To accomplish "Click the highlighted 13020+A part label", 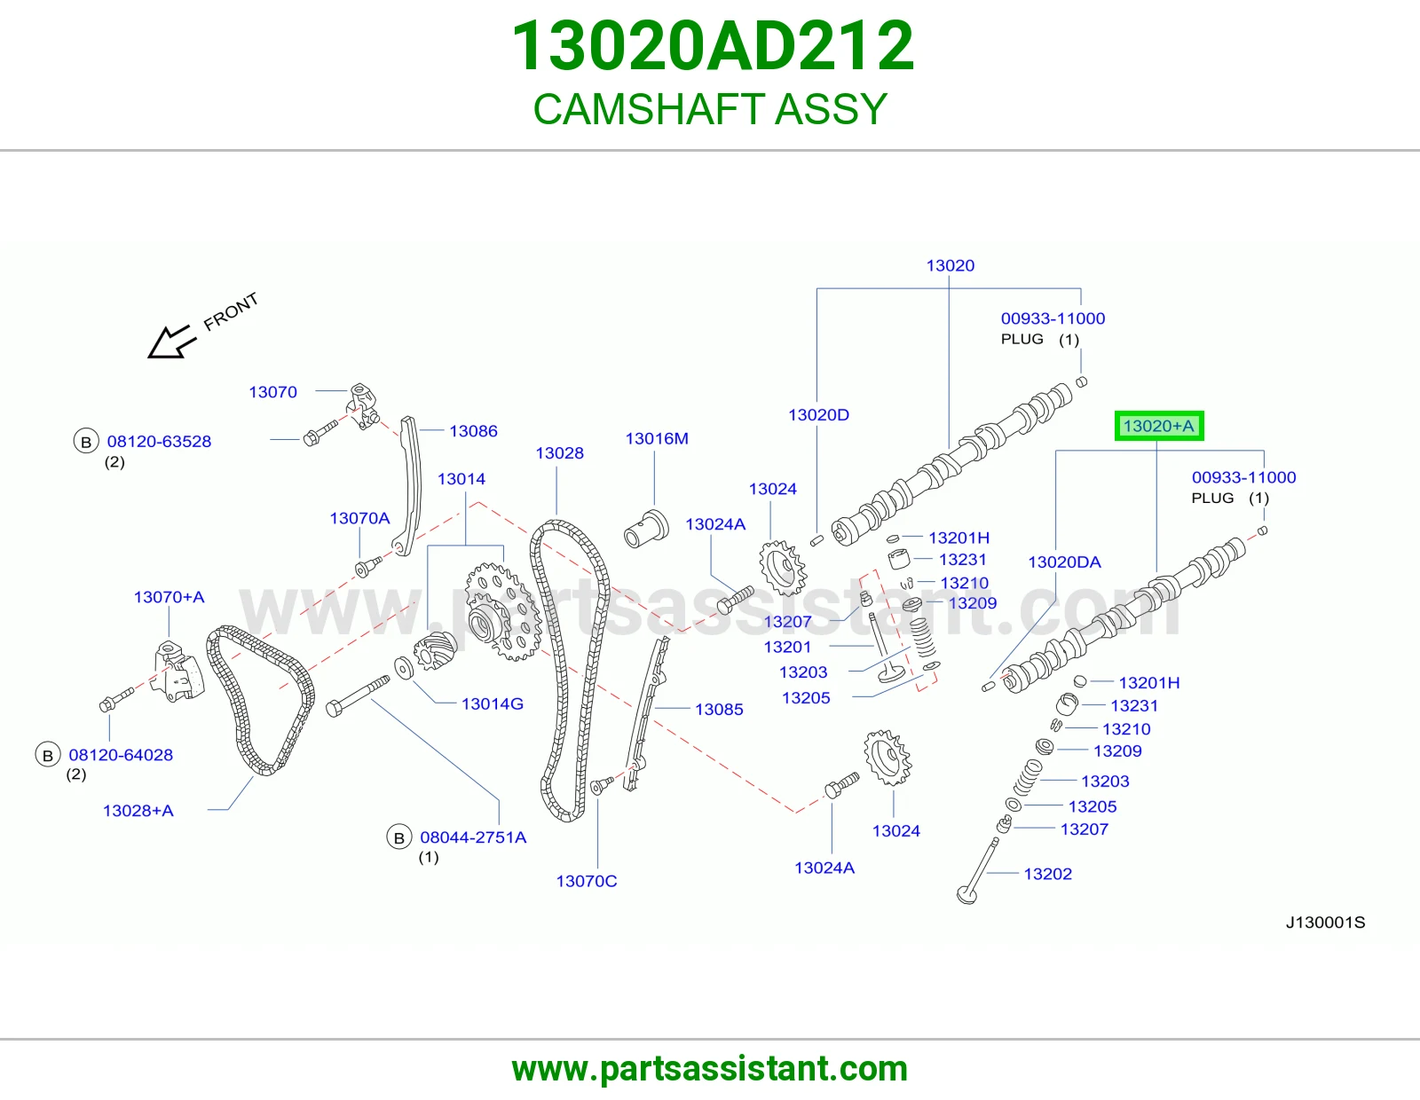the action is coord(1158,426).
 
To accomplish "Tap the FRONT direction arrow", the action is coord(171,342).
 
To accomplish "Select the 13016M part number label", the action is coord(657,438).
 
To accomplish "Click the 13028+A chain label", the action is coord(138,811).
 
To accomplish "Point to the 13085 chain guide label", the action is coord(719,710).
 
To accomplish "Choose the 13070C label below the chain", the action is coord(586,881).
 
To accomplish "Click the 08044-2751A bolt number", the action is coord(473,837).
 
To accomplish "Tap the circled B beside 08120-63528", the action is coord(85,443).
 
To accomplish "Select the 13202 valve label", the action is coord(1047,874).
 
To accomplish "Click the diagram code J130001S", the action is coord(1325,923).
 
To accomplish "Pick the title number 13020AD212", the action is coord(713,45).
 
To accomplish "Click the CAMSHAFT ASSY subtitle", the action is coord(710,108).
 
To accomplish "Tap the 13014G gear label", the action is coord(492,703).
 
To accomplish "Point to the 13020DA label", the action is coord(1064,562).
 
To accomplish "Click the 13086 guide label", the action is coord(473,431).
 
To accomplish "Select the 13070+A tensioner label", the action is coord(169,597).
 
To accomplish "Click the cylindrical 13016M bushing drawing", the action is coord(646,528).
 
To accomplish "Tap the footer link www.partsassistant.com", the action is coord(710,1069).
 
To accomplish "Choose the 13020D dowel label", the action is coord(818,415).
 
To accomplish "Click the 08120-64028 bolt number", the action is coord(121,755).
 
